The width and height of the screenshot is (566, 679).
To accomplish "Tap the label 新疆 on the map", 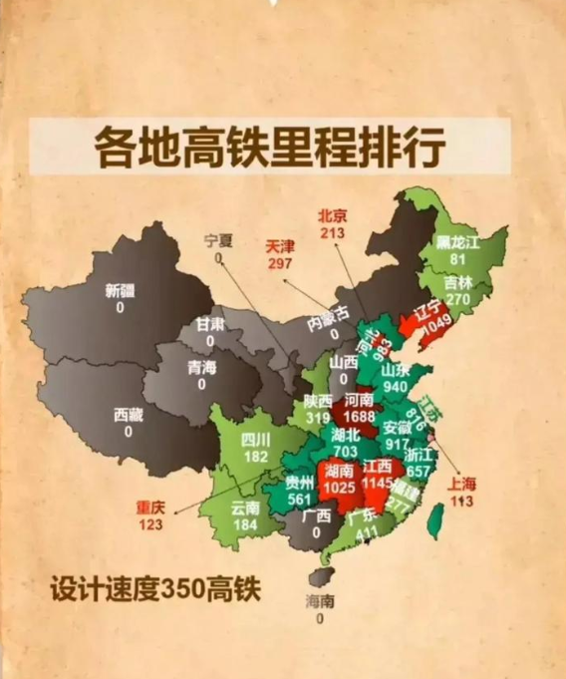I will [x=120, y=291].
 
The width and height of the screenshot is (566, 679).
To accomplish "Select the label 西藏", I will [x=129, y=414].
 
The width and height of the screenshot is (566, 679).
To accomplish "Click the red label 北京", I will [x=332, y=215].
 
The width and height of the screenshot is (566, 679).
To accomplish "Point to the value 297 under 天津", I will [x=280, y=262].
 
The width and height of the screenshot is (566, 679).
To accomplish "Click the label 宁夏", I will [x=217, y=240].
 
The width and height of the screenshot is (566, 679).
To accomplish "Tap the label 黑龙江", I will [x=458, y=242].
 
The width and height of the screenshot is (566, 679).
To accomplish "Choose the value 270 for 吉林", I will [x=456, y=298].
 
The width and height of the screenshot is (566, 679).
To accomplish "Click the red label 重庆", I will [x=152, y=507].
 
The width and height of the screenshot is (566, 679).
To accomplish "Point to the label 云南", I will [x=246, y=508].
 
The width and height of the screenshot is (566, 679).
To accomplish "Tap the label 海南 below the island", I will [x=320, y=602].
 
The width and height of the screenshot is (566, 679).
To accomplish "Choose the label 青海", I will [x=203, y=365].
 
